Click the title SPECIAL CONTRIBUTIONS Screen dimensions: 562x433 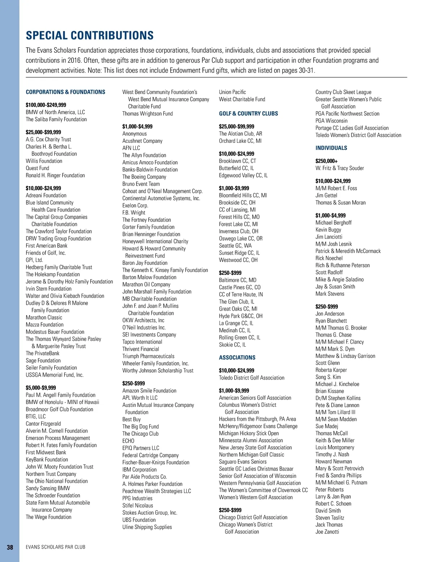[89, 35]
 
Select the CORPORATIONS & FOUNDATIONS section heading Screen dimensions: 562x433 [65, 92]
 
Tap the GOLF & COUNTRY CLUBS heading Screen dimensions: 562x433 [248, 114]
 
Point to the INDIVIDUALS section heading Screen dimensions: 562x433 [331, 148]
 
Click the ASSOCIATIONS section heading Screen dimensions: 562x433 [237, 357]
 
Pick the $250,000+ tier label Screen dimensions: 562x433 [327, 161]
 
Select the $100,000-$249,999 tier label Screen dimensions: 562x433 [46, 105]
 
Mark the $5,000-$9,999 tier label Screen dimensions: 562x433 [41, 388]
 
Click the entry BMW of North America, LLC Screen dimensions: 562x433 [55, 112]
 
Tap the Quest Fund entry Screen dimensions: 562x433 [37, 168]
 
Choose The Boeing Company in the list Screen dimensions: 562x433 [144, 177]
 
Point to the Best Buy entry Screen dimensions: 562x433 [131, 419]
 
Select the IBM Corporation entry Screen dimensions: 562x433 [139, 470]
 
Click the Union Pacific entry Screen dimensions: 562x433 [232, 92]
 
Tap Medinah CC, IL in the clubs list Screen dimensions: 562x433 [235, 330]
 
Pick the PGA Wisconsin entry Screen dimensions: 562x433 [331, 121]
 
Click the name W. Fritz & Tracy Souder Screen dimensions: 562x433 [340, 168]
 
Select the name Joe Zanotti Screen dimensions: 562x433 [327, 532]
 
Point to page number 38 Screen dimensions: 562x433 [10, 547]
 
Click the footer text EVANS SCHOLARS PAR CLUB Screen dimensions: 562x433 [56, 547]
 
